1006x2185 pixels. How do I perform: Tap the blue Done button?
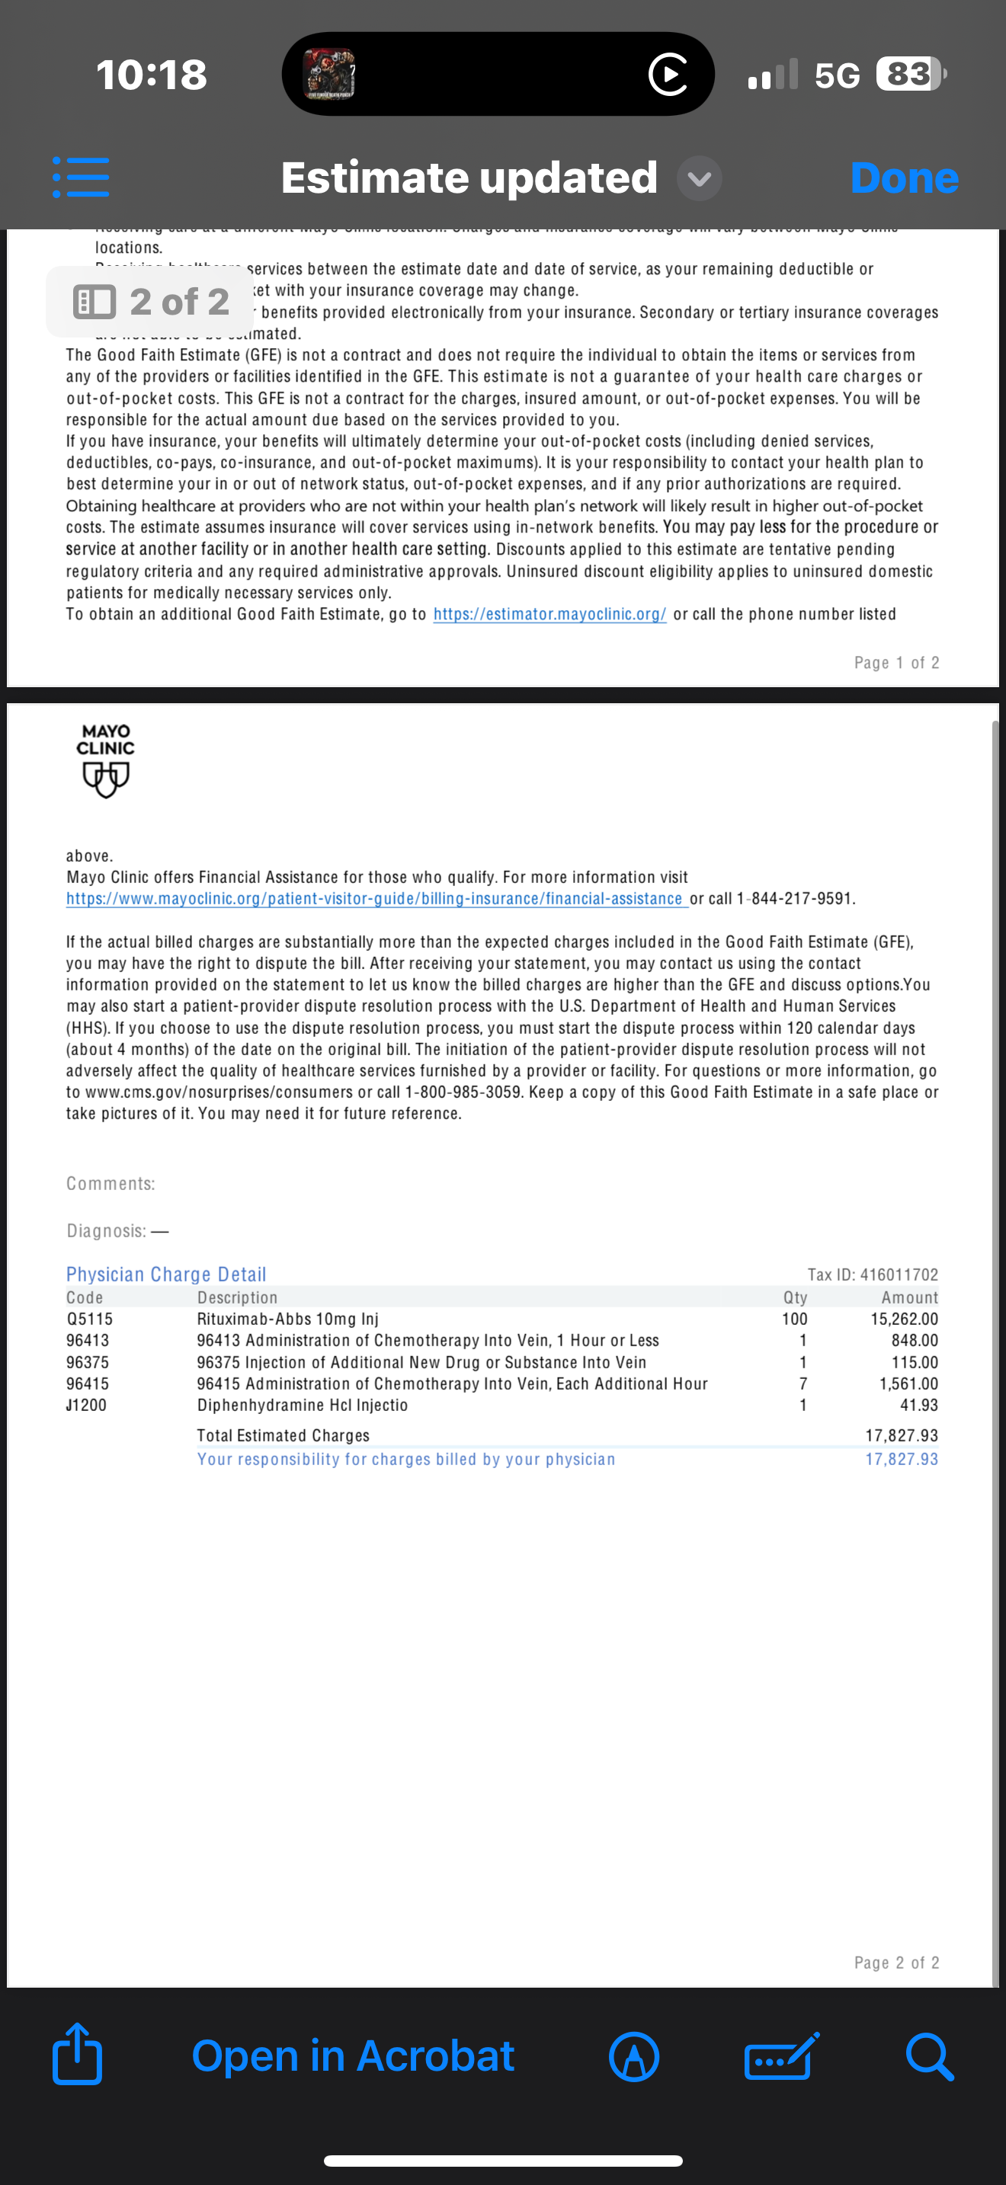click(x=904, y=178)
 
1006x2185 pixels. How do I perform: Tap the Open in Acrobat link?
click(x=353, y=2055)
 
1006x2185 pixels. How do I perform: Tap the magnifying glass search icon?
click(x=929, y=2055)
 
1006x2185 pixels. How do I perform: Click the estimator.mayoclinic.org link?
click(x=549, y=614)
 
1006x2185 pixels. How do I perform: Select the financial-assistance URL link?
click(x=374, y=898)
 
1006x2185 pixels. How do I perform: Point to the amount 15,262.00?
click(x=904, y=1319)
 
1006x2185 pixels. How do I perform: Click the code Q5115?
click(x=89, y=1319)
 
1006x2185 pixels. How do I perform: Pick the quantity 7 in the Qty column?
click(x=803, y=1384)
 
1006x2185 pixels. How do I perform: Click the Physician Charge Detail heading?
click(x=166, y=1274)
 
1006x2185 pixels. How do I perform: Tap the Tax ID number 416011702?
click(x=899, y=1274)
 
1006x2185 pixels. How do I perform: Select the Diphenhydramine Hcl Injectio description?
click(x=302, y=1406)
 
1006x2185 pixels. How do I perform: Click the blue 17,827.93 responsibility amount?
click(x=902, y=1459)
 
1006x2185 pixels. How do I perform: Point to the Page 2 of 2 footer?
click(x=896, y=1963)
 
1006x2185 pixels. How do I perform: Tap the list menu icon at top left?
click(x=81, y=178)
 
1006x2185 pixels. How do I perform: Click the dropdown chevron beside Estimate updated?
click(x=700, y=178)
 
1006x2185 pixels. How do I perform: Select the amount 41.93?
click(x=918, y=1406)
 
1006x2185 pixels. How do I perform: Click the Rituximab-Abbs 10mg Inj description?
click(x=287, y=1319)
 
